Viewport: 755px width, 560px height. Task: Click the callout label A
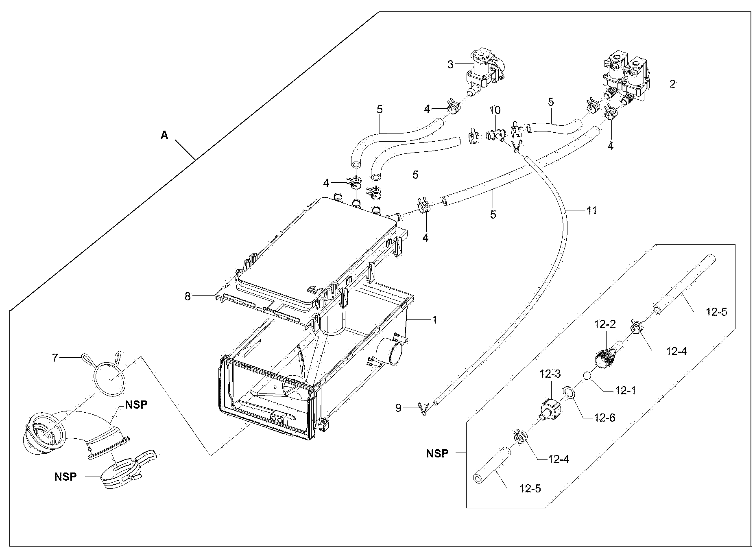click(x=164, y=135)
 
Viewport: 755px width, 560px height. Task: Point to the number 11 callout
click(x=591, y=210)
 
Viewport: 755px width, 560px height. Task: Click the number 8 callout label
click(x=188, y=297)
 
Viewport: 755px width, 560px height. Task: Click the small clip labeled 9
click(x=422, y=409)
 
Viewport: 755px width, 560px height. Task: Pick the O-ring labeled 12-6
click(x=568, y=392)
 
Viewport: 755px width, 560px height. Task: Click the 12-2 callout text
click(x=605, y=324)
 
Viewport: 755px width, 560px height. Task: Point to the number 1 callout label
click(x=434, y=320)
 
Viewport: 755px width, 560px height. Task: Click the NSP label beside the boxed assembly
click(x=437, y=453)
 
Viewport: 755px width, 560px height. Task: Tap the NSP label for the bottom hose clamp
click(x=65, y=477)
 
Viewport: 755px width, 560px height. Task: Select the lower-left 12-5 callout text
click(x=530, y=488)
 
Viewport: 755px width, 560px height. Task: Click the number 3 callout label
click(x=450, y=64)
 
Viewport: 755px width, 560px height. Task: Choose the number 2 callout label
click(x=672, y=84)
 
